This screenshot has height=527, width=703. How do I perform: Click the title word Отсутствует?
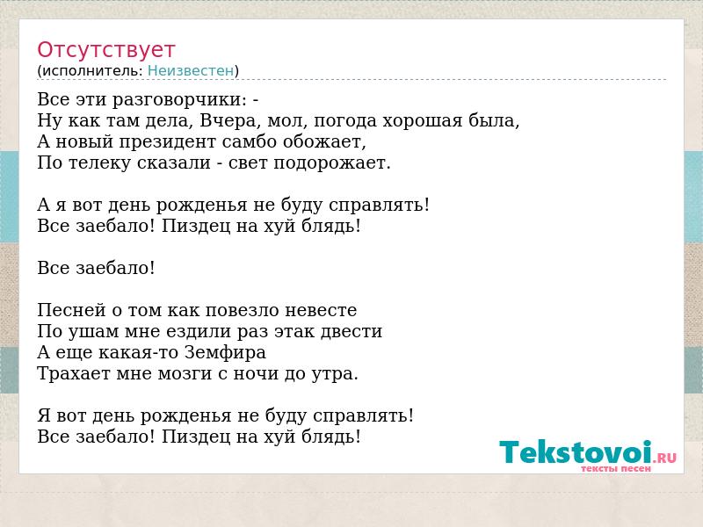click(105, 49)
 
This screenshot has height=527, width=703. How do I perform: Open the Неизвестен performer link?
click(191, 70)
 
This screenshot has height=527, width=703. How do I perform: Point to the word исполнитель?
click(92, 71)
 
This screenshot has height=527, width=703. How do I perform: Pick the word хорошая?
click(422, 120)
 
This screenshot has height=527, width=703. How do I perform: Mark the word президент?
click(167, 142)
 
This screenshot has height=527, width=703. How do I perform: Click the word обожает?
click(324, 141)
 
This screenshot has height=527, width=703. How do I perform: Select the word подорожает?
click(332, 163)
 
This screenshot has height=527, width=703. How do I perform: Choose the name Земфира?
click(225, 353)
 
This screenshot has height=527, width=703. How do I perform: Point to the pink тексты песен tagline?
click(616, 469)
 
